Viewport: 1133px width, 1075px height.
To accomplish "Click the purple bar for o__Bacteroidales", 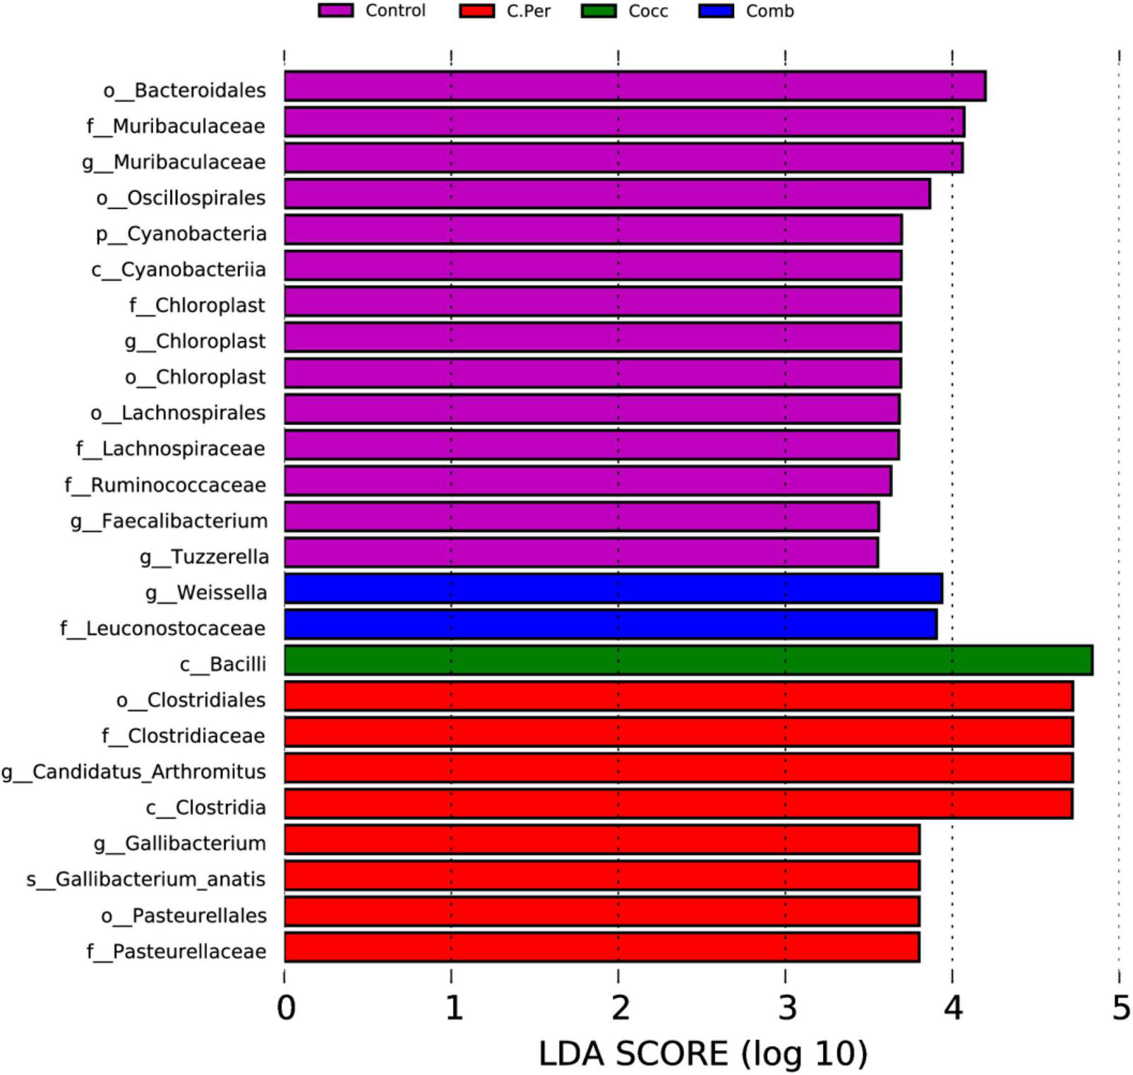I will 635,86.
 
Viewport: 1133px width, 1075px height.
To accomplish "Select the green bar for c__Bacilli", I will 688,660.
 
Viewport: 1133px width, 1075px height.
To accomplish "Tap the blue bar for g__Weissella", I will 613,588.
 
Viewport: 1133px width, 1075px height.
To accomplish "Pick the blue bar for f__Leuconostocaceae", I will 611,624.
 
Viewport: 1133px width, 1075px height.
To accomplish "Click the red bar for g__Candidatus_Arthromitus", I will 678,768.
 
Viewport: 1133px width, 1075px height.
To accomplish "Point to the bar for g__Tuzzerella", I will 581,552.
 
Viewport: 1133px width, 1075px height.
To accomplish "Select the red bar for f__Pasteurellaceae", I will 601,947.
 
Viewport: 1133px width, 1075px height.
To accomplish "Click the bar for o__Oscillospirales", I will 607,194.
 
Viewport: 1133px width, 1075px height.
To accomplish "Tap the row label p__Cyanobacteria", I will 181,234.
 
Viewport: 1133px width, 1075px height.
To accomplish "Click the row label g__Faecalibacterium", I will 169,521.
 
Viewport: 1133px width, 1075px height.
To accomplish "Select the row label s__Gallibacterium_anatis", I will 146,879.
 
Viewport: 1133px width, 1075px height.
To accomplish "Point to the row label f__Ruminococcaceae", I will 165,485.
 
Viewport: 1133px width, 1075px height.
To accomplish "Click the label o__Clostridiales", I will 191,700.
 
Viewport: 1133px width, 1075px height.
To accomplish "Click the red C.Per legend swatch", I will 476,11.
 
